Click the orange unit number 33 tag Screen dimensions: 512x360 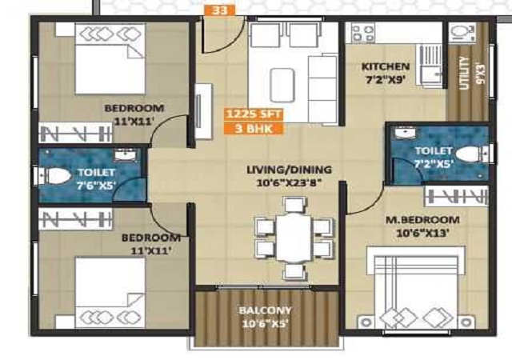[x=219, y=10]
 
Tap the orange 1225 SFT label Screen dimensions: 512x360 [x=254, y=114]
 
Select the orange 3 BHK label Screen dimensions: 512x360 [x=254, y=128]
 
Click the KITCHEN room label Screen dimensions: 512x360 [x=386, y=66]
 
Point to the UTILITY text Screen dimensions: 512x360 [x=463, y=73]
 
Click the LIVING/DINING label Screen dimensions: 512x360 [x=289, y=170]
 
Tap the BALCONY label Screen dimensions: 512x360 [x=265, y=310]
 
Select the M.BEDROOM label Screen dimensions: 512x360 [x=422, y=219]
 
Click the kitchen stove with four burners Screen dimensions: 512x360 [x=363, y=34]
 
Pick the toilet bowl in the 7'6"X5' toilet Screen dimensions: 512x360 [x=56, y=176]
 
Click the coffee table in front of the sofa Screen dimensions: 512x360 [x=282, y=85]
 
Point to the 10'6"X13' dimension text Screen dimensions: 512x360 [x=422, y=233]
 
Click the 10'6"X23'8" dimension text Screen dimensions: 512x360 [x=289, y=182]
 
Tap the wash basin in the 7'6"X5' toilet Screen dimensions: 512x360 [x=126, y=155]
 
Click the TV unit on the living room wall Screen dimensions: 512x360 [x=203, y=111]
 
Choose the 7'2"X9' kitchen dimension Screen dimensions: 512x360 [x=386, y=79]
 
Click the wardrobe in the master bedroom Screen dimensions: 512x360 [x=456, y=197]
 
